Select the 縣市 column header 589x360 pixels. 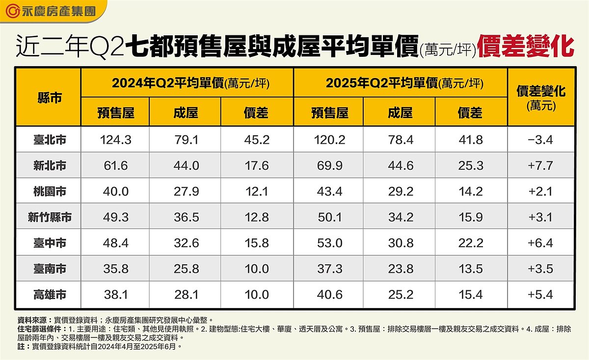(49, 98)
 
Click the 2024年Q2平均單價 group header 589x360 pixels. (187, 83)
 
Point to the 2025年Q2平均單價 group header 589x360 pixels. (400, 83)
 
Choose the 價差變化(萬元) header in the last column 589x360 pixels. (540, 97)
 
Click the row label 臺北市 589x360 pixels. (49, 140)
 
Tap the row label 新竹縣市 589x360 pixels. (49, 217)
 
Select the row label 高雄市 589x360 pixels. (49, 294)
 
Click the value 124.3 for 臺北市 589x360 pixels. (116, 140)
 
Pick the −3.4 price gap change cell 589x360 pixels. (540, 140)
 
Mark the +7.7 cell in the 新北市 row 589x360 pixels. (540, 166)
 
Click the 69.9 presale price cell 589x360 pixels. (329, 166)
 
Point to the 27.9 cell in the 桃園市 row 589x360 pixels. (186, 191)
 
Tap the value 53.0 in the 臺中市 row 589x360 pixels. (329, 243)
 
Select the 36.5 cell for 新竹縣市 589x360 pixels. (186, 217)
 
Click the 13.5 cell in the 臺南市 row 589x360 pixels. (470, 269)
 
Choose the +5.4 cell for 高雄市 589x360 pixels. (540, 294)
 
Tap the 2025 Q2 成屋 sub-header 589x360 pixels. (400, 113)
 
